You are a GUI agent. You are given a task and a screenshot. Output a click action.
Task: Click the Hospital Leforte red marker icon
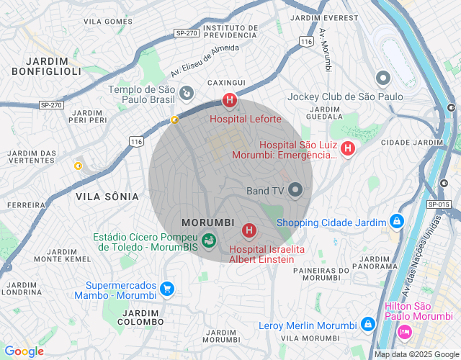click(230, 100)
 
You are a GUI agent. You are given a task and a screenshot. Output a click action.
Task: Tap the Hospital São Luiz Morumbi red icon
click(348, 148)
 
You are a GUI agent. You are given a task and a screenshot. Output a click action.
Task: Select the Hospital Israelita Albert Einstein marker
click(249, 230)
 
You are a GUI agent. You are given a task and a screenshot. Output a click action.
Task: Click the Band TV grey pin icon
click(295, 190)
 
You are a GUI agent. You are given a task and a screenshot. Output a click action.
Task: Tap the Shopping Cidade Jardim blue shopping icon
click(396, 221)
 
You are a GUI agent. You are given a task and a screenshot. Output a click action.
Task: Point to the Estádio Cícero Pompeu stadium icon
click(209, 240)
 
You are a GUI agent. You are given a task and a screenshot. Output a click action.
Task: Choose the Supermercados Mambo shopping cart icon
click(167, 289)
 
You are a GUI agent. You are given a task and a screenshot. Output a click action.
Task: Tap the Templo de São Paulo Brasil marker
click(186, 92)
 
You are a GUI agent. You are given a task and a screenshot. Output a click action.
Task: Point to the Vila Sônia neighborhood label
click(107, 196)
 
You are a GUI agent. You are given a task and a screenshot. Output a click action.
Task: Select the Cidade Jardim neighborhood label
click(412, 143)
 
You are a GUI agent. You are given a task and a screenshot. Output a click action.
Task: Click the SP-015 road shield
click(438, 204)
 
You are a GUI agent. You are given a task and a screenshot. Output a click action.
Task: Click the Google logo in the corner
click(24, 351)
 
